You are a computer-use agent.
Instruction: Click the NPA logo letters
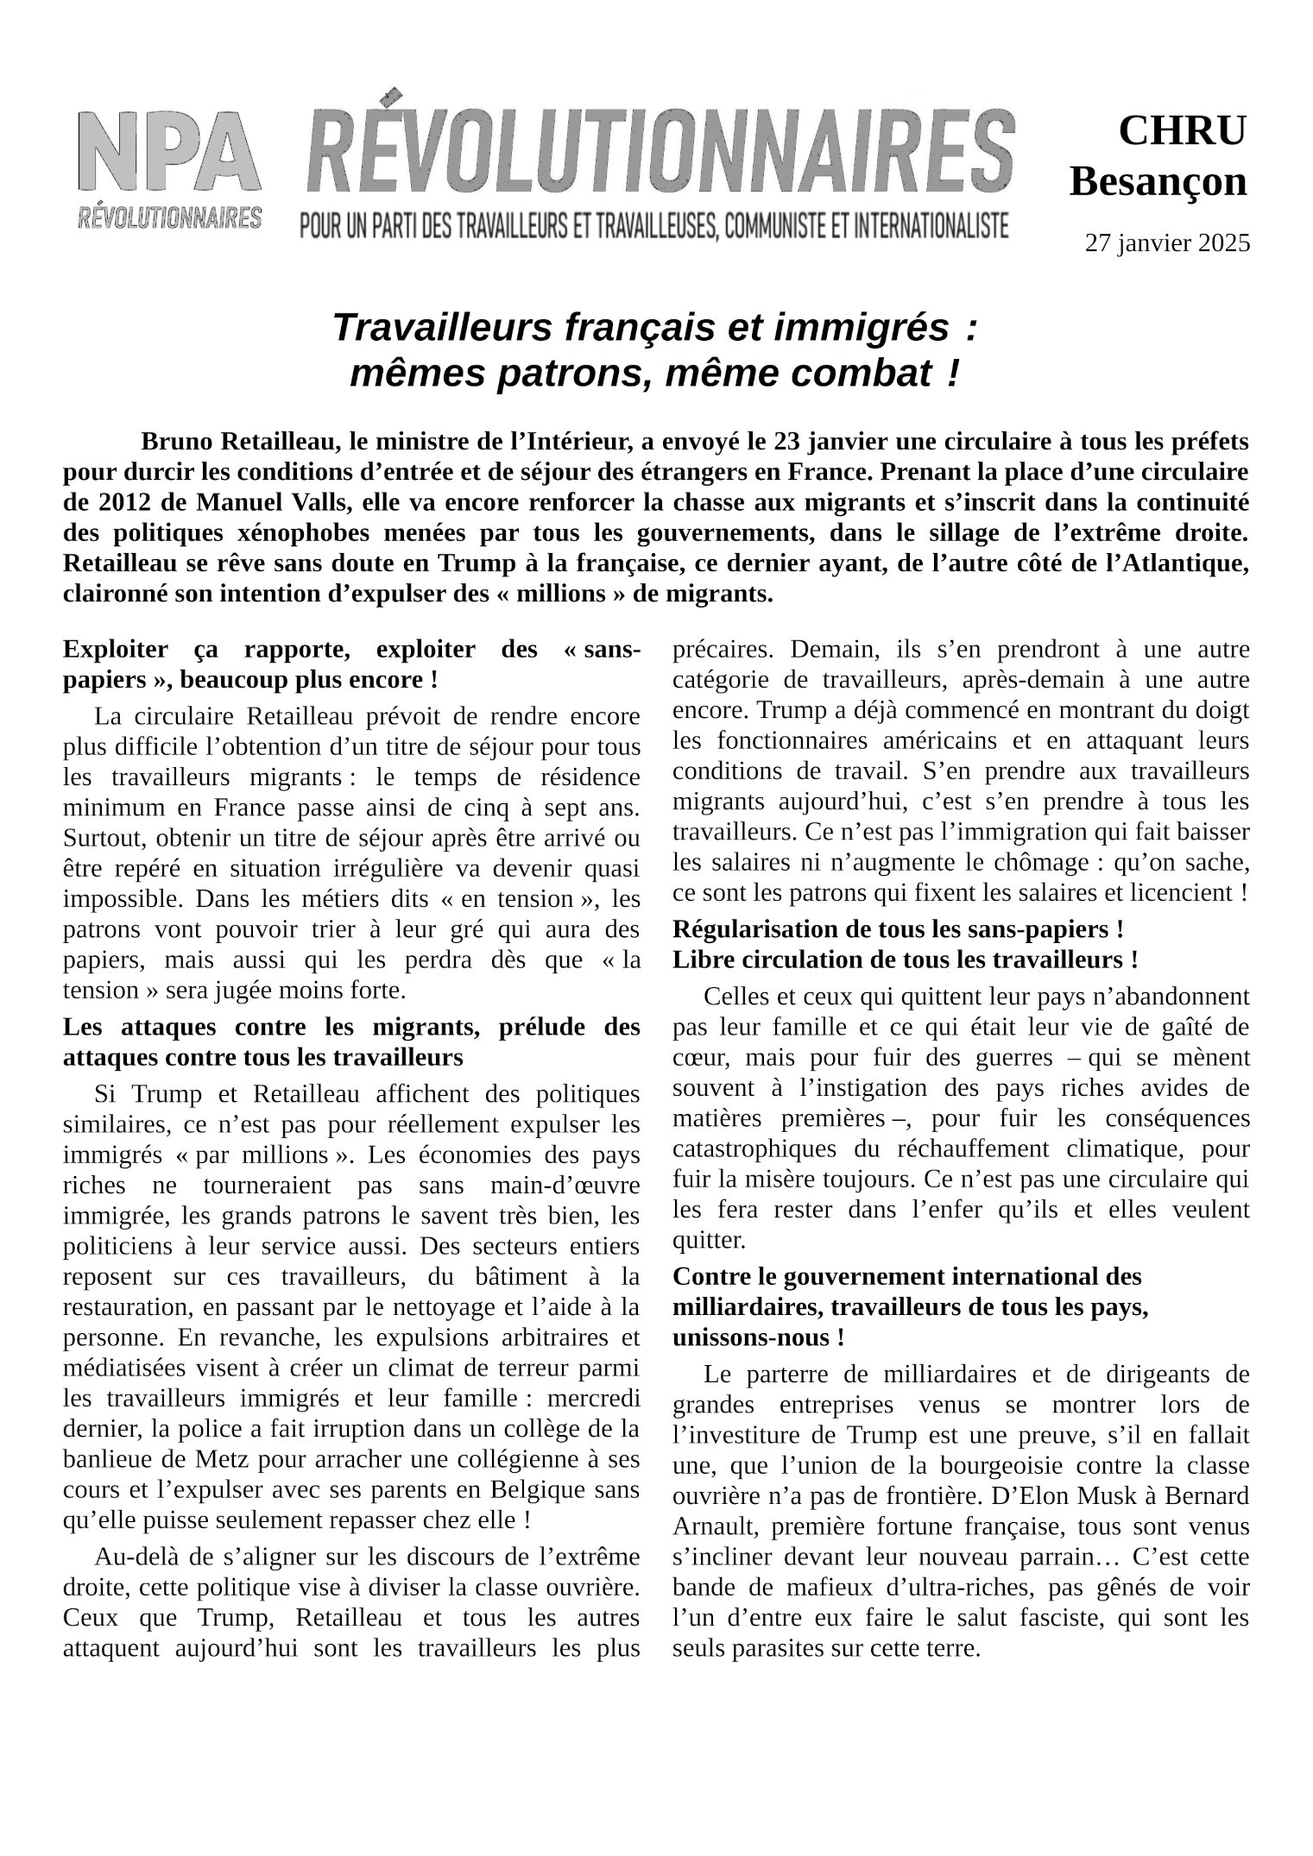169,153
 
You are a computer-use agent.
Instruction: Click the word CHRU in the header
1182,131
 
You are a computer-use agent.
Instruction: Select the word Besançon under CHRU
1158,182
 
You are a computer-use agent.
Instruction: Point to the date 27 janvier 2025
1166,243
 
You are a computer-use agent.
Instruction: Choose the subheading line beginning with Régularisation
898,929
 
